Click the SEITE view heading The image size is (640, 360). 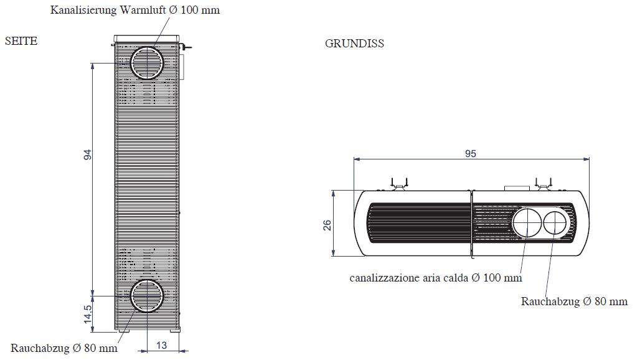click(21, 41)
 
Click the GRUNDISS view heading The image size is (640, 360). click(354, 44)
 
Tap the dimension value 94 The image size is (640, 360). click(88, 154)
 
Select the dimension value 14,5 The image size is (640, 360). click(88, 312)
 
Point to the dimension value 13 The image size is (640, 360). click(161, 345)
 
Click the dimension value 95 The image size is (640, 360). click(470, 153)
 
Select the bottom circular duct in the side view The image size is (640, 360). click(148, 296)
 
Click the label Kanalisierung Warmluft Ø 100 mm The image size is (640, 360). click(135, 10)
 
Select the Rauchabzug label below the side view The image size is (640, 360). click(64, 348)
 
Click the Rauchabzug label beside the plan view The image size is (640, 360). click(574, 301)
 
